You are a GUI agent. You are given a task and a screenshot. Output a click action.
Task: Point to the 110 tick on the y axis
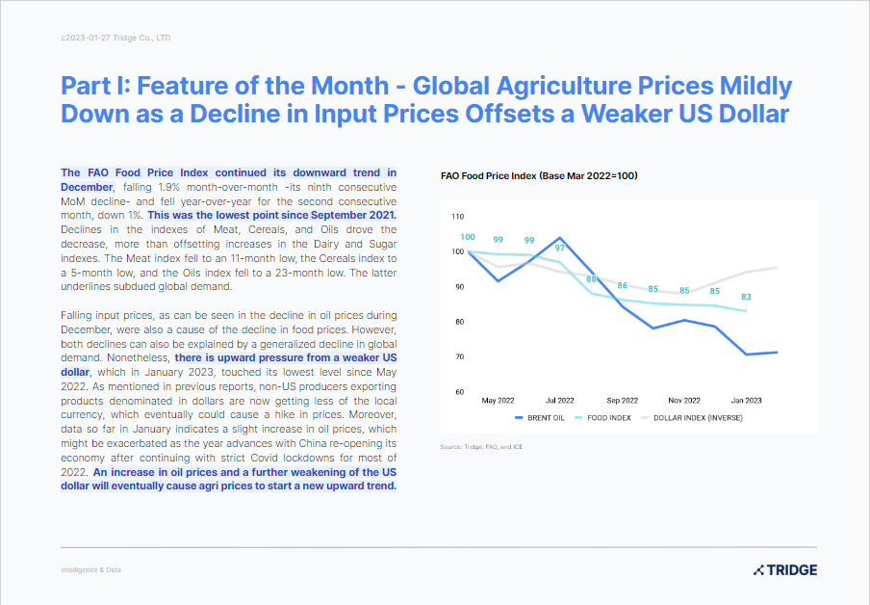(x=457, y=217)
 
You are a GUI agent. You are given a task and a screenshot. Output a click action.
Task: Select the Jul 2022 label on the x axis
(x=559, y=400)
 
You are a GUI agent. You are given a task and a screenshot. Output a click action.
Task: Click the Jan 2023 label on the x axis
(x=746, y=400)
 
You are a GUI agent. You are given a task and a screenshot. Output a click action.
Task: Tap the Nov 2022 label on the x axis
(x=683, y=400)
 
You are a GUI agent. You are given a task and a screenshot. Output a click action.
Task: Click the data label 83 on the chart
(x=746, y=298)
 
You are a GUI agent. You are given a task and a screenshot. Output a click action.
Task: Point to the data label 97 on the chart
(x=559, y=248)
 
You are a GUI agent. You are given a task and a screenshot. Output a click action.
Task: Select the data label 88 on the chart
(x=592, y=279)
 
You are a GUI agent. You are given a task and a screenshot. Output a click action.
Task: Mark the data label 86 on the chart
(x=623, y=286)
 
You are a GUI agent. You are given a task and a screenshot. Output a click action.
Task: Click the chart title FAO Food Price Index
(x=539, y=176)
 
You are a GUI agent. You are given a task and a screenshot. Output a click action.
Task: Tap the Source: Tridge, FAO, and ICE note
(x=481, y=447)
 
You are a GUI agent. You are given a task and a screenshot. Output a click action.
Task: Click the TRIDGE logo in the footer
(x=784, y=570)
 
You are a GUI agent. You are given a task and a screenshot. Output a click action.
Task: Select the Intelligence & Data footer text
(x=90, y=570)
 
